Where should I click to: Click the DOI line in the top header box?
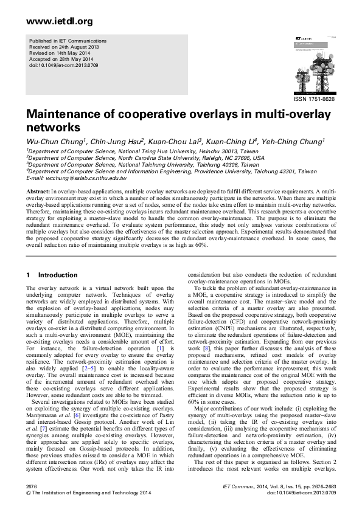click(x=60, y=64)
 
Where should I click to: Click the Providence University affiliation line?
click(x=172, y=171)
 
